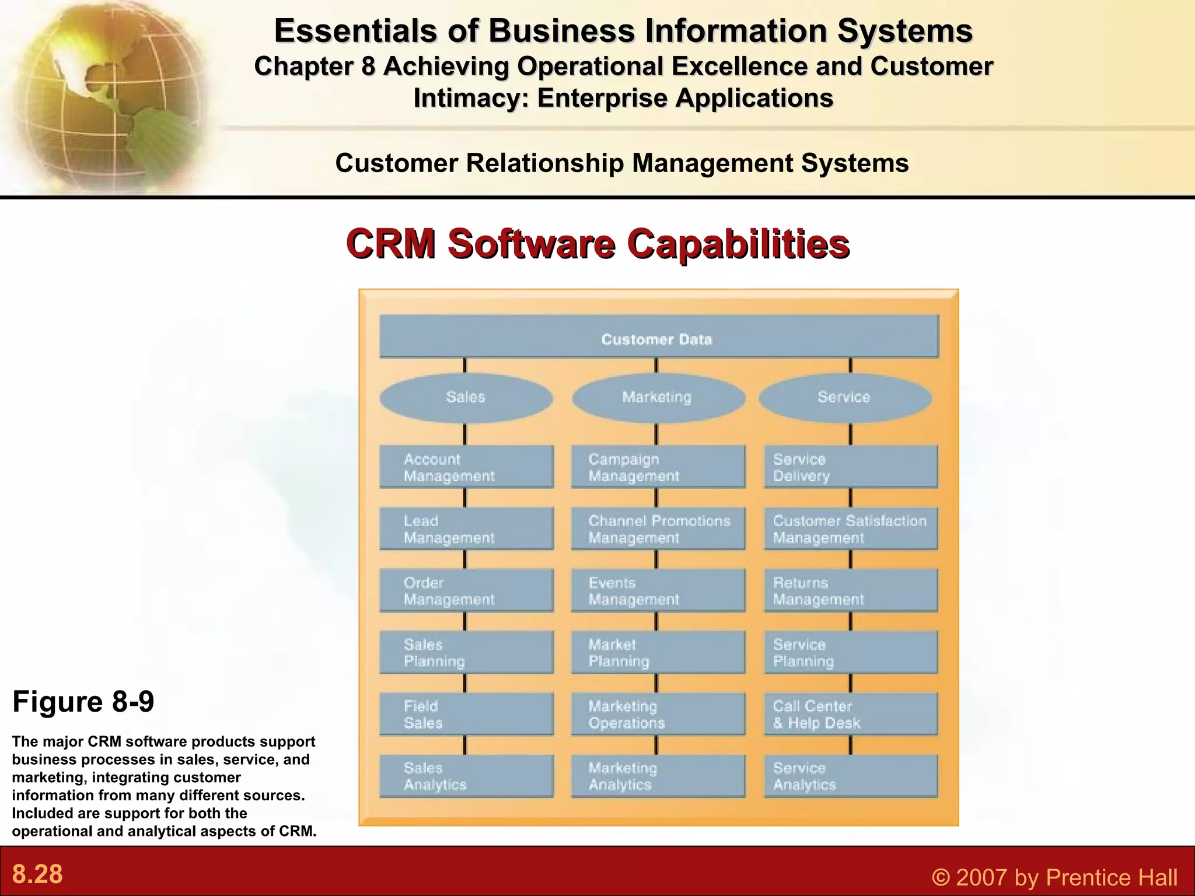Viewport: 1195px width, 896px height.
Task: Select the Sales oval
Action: (x=466, y=398)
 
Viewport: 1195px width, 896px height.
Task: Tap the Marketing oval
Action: (x=658, y=398)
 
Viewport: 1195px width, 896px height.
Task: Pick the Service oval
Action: (x=845, y=398)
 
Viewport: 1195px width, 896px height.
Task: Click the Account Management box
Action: (x=466, y=467)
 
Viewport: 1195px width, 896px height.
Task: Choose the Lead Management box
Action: (x=466, y=529)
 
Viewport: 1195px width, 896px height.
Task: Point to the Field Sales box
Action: (x=466, y=714)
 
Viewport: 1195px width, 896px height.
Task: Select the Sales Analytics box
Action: (x=466, y=776)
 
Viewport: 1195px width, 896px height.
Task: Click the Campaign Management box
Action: (x=658, y=467)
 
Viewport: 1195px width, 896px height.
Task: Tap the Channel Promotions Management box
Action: (x=658, y=529)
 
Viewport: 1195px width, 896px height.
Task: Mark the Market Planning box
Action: (x=658, y=652)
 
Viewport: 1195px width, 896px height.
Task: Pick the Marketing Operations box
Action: (x=658, y=714)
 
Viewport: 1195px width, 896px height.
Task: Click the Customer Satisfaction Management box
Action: (x=851, y=529)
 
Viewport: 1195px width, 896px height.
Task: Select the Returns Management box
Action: (x=851, y=590)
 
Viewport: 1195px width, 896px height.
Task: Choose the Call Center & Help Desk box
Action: (x=851, y=714)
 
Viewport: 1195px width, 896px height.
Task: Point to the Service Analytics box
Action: (x=851, y=776)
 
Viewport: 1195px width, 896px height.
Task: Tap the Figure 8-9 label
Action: (x=83, y=701)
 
